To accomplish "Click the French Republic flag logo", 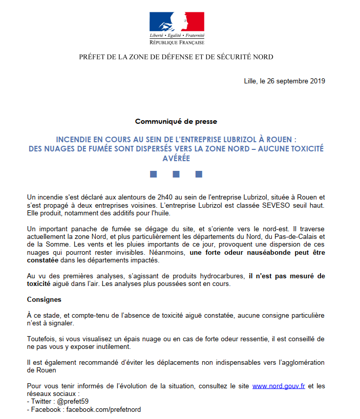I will [x=177, y=21].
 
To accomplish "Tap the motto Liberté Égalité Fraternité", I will [x=177, y=35].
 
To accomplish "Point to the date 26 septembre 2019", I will [x=295, y=81].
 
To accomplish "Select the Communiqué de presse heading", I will [x=176, y=121].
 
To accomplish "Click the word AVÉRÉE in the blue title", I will [x=176, y=159].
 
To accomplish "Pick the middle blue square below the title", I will [x=176, y=174].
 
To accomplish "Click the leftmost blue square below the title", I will [x=153, y=174].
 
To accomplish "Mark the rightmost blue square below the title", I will [x=199, y=174].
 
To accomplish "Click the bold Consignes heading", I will [x=44, y=299].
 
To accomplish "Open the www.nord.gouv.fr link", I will [x=279, y=386].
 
